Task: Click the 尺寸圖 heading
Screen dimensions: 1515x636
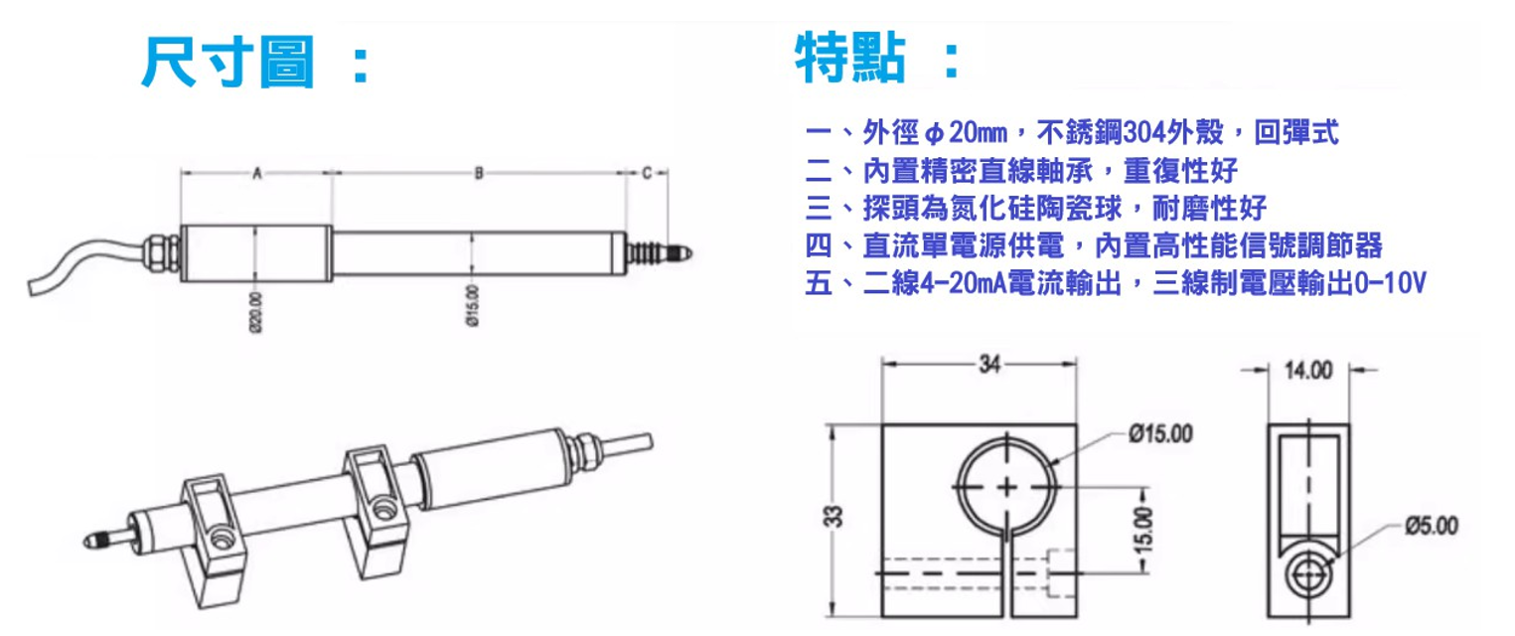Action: (227, 63)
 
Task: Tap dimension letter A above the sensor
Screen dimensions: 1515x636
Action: (257, 174)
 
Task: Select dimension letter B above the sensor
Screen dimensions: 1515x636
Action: (479, 173)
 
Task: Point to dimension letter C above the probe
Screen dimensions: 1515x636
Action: (647, 173)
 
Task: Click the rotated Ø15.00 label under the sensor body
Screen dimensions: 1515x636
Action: (472, 306)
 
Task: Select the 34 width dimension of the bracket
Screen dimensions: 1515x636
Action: (989, 364)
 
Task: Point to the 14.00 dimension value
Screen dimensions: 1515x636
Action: (1308, 371)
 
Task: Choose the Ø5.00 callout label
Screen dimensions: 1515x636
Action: (1432, 526)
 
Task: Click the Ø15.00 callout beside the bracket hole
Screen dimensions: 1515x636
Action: (1160, 433)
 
